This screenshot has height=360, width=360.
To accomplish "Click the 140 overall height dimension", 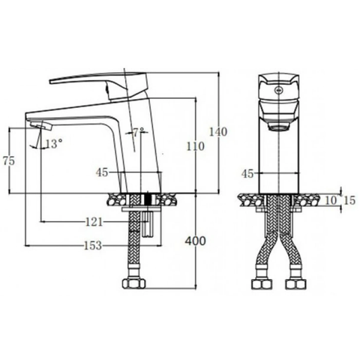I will click(x=217, y=133).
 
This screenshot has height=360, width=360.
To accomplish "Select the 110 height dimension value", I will click(x=195, y=147).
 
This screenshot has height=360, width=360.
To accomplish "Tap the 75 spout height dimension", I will click(x=9, y=161).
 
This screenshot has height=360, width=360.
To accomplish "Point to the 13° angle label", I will click(x=53, y=142).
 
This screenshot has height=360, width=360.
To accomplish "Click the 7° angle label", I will click(x=138, y=132).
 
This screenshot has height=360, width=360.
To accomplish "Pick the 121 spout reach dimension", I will click(x=93, y=222).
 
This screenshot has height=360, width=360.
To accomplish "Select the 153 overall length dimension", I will click(x=93, y=245).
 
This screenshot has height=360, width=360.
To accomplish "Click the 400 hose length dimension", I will click(x=195, y=241).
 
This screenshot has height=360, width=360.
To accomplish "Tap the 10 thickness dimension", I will click(x=331, y=199).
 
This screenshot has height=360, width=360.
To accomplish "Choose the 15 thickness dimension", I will click(x=349, y=199).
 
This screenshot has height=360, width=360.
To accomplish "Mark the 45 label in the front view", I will click(x=247, y=173).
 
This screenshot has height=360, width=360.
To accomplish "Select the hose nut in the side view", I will click(x=136, y=286).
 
